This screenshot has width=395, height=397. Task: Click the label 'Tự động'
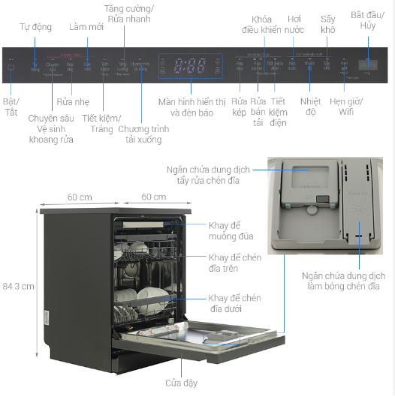[x=37, y=28]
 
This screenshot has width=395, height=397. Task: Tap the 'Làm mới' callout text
[x=86, y=27]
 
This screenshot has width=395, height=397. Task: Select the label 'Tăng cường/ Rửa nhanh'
[x=128, y=14]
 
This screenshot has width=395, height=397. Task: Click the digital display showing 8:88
[x=189, y=66]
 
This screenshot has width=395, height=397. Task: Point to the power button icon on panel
[x=11, y=67]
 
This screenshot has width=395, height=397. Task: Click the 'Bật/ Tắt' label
[x=11, y=106]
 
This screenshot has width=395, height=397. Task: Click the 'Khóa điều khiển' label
[x=260, y=23]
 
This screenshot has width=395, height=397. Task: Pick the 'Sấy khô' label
[x=327, y=23]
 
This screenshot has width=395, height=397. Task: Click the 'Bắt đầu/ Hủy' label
[x=367, y=19]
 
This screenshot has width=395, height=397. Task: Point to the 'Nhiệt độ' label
[x=310, y=106]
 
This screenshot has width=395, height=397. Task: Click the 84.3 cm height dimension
[x=17, y=286]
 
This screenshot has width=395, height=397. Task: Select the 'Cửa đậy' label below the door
[x=181, y=383]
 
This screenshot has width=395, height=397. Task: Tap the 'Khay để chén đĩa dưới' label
[x=235, y=303]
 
